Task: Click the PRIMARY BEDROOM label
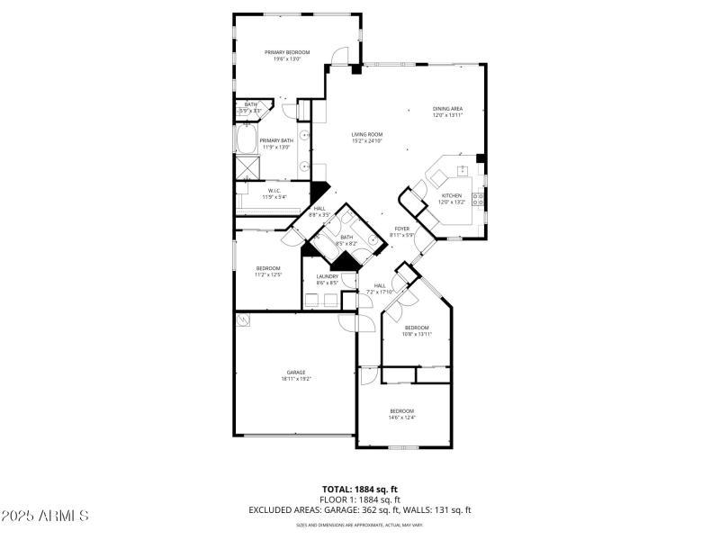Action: tap(287, 52)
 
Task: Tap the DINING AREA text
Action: tap(447, 109)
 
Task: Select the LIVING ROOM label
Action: tap(366, 135)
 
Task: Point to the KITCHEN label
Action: tap(451, 195)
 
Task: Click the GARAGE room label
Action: tap(296, 373)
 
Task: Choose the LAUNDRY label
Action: tap(327, 276)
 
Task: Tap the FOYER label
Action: tap(402, 229)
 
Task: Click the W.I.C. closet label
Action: tap(273, 190)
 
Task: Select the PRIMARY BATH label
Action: tap(276, 140)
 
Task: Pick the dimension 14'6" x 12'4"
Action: tap(401, 417)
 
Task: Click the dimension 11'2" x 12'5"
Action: tap(268, 274)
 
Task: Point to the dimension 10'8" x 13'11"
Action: tap(418, 334)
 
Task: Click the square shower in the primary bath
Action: tap(247, 166)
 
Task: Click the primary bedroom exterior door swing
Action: tap(338, 56)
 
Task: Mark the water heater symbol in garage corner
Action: tap(243, 319)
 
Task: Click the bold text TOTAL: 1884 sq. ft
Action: tap(360, 489)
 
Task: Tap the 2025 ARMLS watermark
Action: tap(45, 516)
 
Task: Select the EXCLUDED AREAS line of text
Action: tap(360, 509)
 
